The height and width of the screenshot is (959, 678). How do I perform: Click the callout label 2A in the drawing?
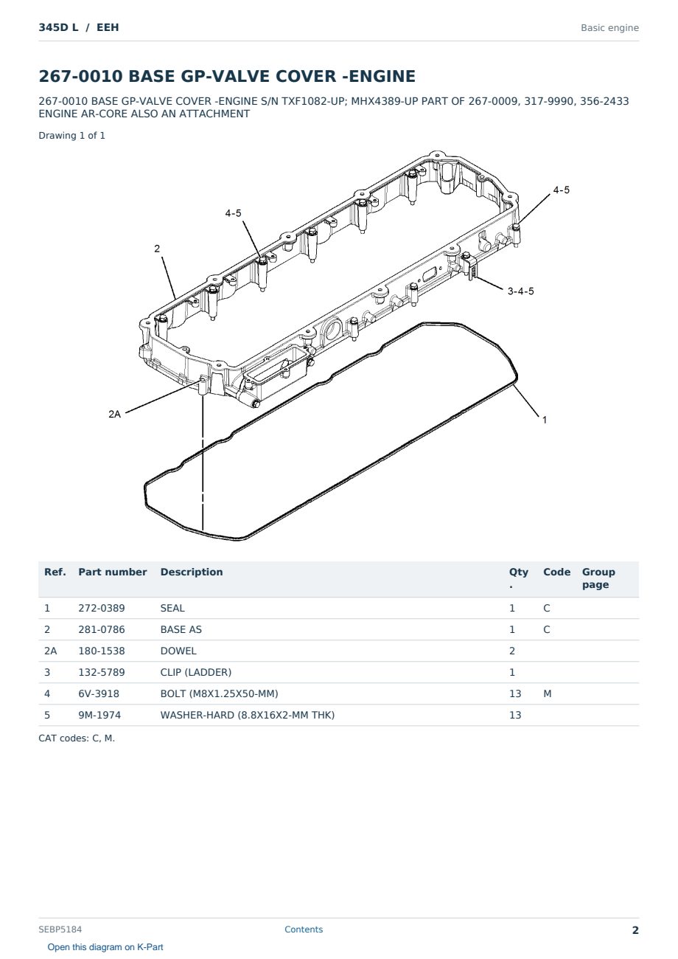115,414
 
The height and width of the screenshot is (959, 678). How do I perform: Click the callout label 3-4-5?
520,291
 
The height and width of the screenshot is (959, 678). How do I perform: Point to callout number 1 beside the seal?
545,420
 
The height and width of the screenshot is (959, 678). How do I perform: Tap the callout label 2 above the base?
157,249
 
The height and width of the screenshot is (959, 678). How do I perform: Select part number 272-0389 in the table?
102,608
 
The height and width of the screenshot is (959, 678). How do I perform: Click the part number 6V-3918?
99,693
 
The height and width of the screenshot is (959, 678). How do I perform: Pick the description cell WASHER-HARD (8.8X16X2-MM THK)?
247,715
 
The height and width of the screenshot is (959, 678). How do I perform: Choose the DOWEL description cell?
178,651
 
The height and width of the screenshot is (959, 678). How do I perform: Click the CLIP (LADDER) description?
195,672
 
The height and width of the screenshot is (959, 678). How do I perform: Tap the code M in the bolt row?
547,693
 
